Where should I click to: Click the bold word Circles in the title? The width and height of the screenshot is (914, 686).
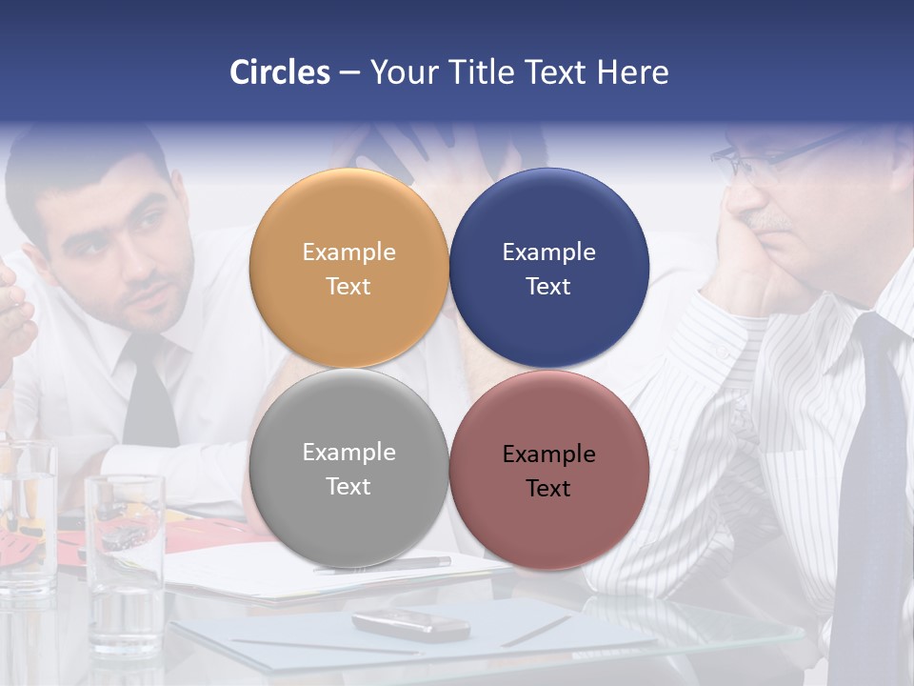click(x=279, y=72)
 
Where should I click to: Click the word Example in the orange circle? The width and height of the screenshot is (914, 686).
click(x=348, y=252)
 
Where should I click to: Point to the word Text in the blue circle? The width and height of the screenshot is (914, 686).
click(x=548, y=287)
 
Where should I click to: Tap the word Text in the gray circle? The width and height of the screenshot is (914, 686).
click(x=348, y=487)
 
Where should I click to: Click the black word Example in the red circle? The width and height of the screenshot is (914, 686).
click(x=548, y=454)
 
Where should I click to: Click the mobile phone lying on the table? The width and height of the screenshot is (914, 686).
click(x=410, y=624)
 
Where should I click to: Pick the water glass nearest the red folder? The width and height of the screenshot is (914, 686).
click(x=125, y=562)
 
